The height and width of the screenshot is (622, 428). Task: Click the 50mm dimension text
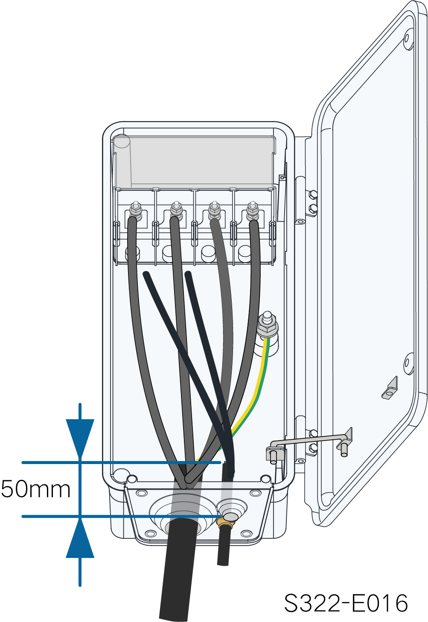coord(36,489)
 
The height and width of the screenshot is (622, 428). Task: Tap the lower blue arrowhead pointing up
coord(80,539)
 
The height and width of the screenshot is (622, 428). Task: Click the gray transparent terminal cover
coord(194,162)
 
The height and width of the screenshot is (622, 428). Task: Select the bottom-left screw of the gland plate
coord(151,534)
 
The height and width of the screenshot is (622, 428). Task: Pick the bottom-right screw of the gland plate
coord(246,534)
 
